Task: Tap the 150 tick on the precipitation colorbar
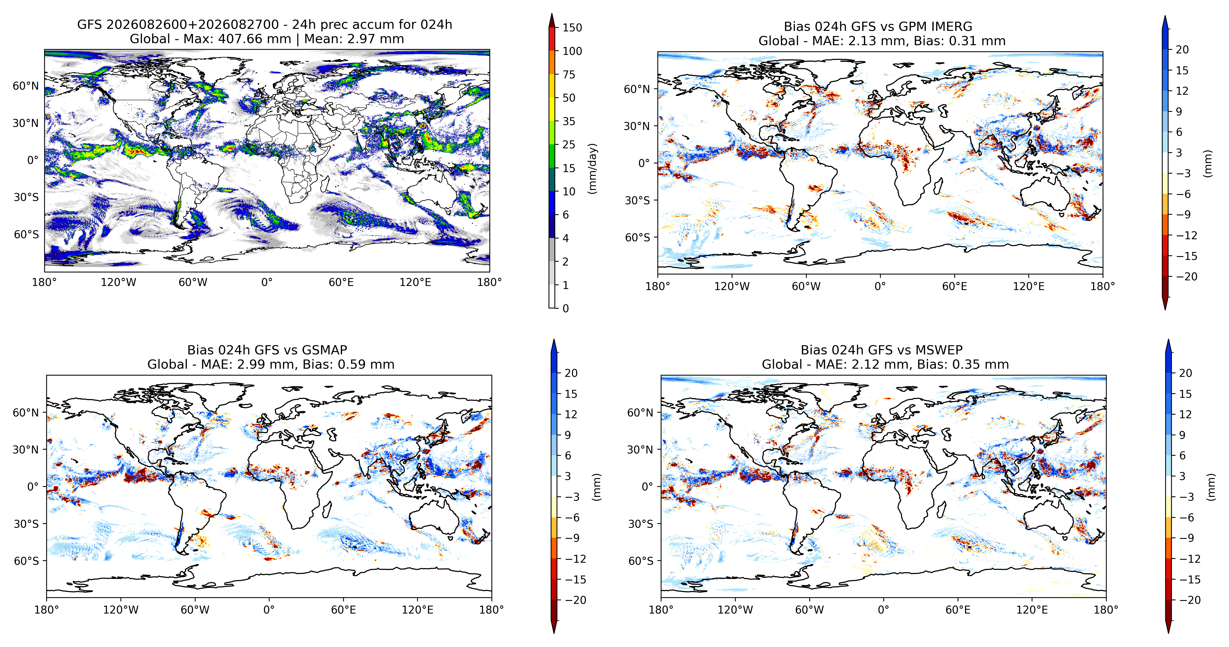(x=572, y=28)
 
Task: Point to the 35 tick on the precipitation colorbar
(x=569, y=121)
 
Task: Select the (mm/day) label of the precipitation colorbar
(x=592, y=169)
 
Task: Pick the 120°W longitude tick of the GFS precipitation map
(x=118, y=282)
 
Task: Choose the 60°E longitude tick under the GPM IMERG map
(x=955, y=286)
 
